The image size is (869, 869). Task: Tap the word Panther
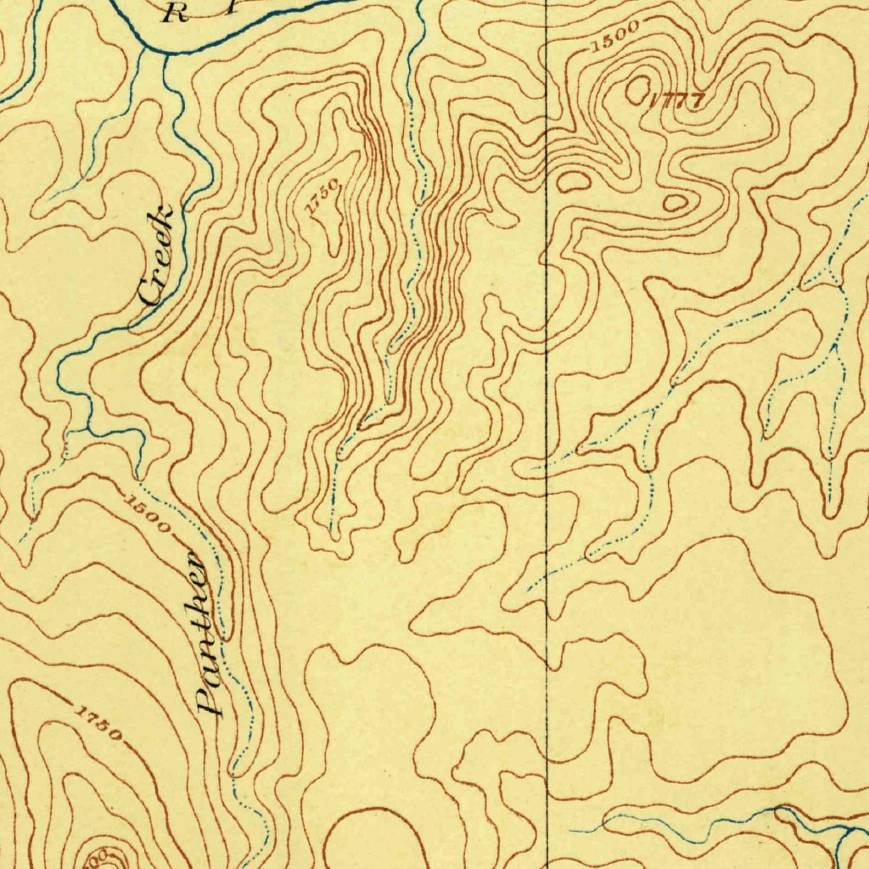203,631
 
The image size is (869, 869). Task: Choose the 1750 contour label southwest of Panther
98,721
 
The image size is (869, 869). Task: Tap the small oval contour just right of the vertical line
574,179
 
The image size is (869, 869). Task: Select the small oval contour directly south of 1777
676,203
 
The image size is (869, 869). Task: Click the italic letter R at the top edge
176,12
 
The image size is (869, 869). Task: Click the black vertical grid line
547,424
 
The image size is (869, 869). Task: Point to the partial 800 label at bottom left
93,859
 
